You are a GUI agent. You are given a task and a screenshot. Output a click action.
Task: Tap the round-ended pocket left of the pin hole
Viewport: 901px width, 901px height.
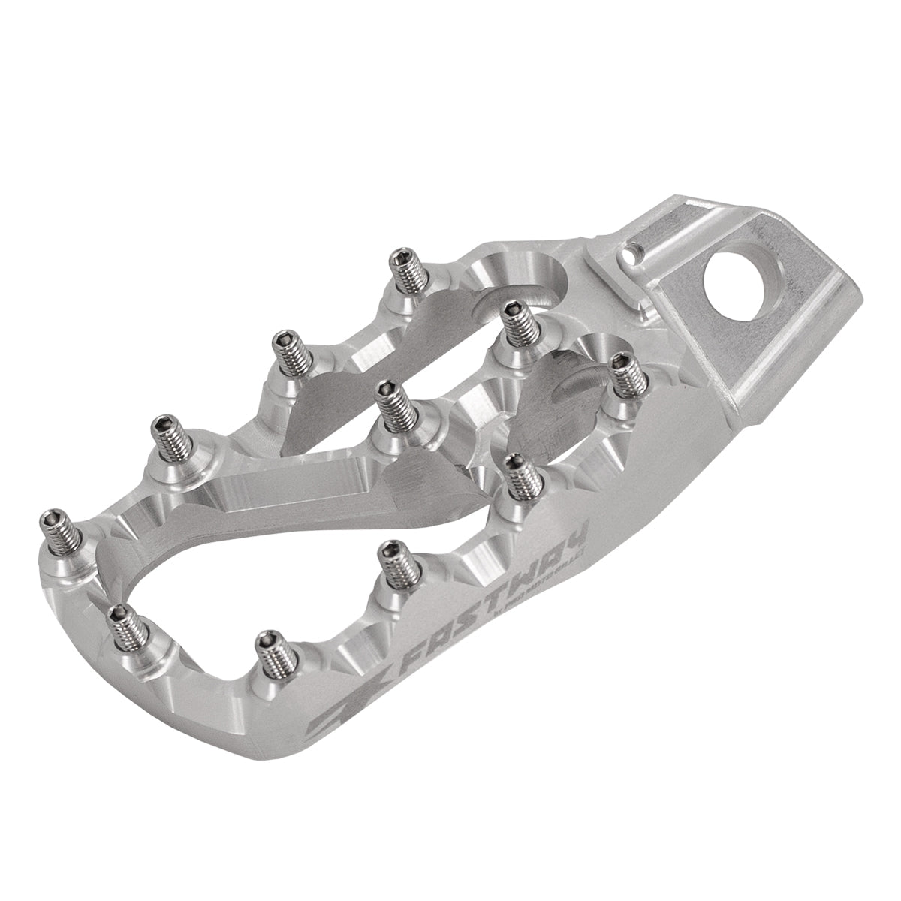pos(518,278)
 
